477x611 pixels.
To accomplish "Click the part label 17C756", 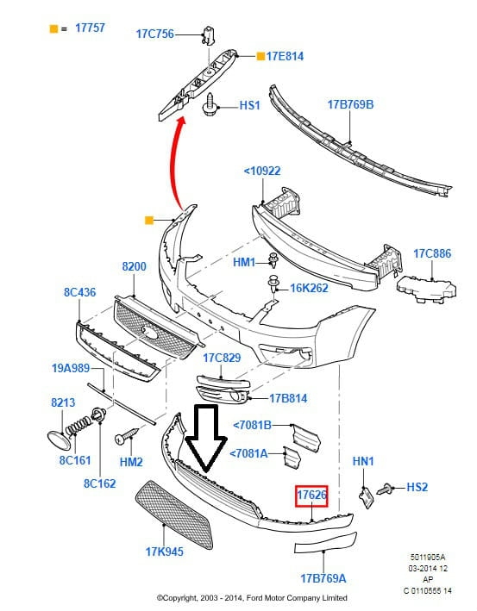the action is pos(155,34).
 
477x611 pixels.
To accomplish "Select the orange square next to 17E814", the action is pos(260,56).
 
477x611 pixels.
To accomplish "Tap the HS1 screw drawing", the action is pos(210,104).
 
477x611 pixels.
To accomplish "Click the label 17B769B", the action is pos(350,104).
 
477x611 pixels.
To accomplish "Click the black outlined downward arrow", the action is pos(206,436).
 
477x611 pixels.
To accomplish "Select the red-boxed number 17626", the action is pos(311,495).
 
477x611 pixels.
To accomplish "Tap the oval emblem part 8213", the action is pos(59,440).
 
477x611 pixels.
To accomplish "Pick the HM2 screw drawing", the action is pos(127,436).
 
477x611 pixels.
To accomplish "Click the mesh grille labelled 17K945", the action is pos(174,514).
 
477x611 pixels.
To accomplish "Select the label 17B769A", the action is pos(323,578).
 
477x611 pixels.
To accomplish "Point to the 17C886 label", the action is pos(432,253).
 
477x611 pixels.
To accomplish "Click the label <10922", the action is pos(262,171).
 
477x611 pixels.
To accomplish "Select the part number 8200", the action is pos(135,266).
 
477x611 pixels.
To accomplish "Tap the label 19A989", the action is pos(71,368).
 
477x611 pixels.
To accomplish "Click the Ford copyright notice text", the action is pos(252,598).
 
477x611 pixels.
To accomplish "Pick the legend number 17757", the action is pos(90,28).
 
